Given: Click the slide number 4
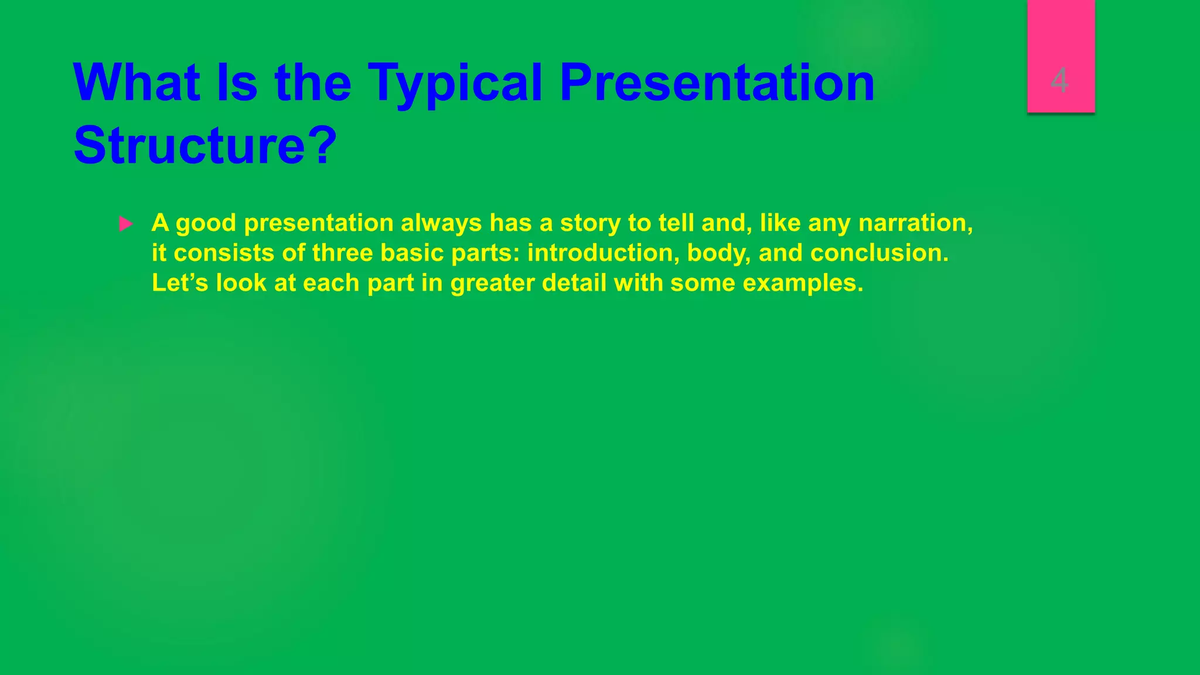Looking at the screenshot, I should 1059,80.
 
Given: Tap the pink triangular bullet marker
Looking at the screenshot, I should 125,224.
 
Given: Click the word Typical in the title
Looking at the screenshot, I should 455,83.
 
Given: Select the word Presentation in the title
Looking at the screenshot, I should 717,83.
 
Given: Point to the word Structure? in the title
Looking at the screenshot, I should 206,145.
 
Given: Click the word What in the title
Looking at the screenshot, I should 137,83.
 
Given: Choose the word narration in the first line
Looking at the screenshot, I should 915,223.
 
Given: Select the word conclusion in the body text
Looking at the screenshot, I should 879,253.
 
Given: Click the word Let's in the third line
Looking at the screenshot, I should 180,283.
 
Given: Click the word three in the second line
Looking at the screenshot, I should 342,253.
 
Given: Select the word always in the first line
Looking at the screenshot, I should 441,223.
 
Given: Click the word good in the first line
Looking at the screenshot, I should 206,223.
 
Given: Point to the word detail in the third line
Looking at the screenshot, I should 574,283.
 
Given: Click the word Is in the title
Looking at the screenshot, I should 237,83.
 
